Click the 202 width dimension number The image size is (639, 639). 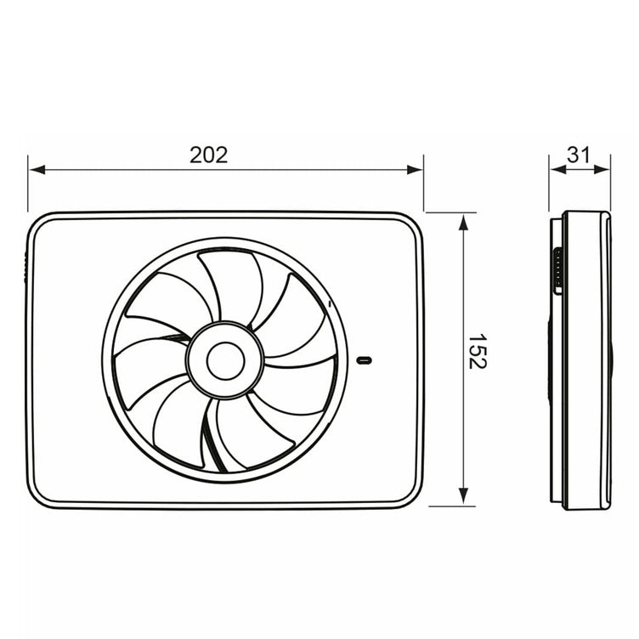click(209, 155)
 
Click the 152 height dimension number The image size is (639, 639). click(477, 352)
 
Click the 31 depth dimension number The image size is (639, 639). click(579, 155)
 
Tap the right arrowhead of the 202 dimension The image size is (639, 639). click(415, 170)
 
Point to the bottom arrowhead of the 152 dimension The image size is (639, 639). click(463, 496)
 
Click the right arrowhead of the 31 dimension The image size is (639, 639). click(602, 169)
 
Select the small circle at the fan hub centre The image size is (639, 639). click(225, 360)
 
